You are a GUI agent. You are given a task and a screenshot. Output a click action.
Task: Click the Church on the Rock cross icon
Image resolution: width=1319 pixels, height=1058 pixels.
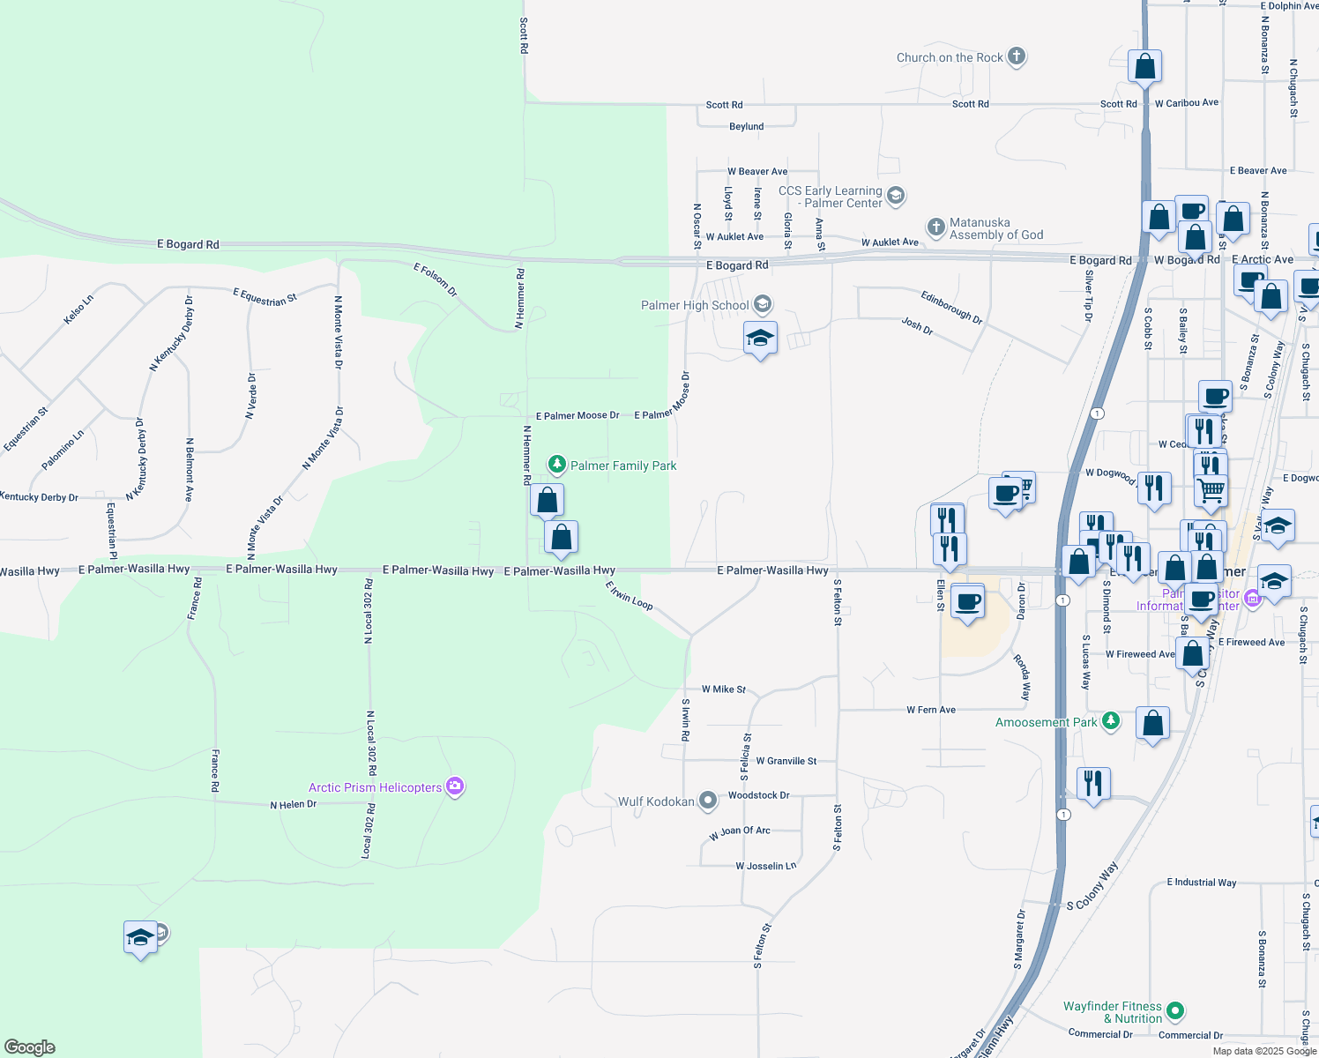pos(1017,57)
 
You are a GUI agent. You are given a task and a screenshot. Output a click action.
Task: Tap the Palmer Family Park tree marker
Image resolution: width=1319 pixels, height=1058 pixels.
pos(556,465)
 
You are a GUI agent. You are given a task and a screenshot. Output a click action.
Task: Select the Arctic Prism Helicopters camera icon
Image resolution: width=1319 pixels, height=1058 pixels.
pos(455,786)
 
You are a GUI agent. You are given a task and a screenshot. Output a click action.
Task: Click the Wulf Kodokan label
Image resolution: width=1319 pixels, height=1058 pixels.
pos(656,801)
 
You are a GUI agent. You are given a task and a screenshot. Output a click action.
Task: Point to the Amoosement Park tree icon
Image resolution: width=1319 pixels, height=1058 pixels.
pos(1111,721)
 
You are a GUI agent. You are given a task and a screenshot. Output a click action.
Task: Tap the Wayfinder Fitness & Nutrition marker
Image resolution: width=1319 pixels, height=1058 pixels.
pos(1174,1011)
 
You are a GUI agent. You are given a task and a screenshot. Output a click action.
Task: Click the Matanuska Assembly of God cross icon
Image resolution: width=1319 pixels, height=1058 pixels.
pos(936,227)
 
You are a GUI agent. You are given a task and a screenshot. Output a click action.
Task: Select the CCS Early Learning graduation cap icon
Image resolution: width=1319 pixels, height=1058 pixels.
pos(896,195)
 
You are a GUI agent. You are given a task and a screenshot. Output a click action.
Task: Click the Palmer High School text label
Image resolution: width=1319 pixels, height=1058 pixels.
pos(695,305)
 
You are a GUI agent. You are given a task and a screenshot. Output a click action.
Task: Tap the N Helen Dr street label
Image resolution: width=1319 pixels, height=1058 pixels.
pos(293,804)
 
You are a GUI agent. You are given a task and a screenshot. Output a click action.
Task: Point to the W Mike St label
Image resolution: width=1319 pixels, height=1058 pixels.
pos(724,689)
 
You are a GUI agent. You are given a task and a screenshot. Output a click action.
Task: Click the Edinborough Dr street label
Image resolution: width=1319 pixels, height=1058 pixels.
pos(951,306)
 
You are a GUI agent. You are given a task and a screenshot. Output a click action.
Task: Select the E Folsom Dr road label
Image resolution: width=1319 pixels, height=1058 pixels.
pos(436,279)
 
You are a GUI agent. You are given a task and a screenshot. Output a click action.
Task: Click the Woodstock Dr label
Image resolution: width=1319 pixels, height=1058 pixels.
pos(758,795)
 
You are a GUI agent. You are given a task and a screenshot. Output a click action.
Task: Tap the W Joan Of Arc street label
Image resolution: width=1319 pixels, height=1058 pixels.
pos(740,832)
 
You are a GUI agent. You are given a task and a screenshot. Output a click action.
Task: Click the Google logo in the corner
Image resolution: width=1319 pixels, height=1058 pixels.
pos(30,1047)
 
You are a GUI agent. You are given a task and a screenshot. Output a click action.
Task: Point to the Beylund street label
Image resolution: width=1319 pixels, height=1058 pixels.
pos(746,127)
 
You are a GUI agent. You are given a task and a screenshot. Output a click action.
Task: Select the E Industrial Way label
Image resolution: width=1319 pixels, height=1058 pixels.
pos(1201,882)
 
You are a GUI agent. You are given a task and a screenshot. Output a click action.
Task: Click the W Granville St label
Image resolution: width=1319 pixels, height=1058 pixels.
pos(786,761)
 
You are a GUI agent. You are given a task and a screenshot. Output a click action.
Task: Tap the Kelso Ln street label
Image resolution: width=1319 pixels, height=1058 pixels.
pos(78,309)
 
